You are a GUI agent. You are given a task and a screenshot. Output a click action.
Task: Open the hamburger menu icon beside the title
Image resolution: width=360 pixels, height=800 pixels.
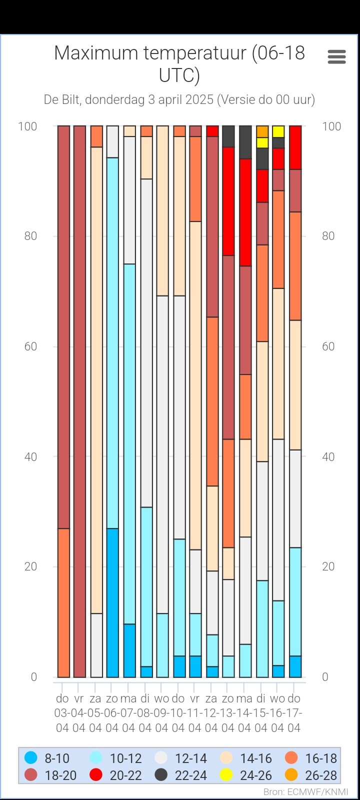click(x=336, y=57)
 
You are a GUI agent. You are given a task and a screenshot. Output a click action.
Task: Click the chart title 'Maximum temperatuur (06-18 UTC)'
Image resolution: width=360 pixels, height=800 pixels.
click(x=179, y=63)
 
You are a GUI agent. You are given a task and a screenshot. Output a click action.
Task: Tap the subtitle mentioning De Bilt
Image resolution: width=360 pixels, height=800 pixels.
click(x=179, y=99)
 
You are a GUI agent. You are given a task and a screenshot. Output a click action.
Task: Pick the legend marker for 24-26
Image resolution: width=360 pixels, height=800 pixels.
click(x=226, y=775)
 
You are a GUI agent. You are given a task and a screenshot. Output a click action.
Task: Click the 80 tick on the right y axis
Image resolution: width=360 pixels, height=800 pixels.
click(x=328, y=236)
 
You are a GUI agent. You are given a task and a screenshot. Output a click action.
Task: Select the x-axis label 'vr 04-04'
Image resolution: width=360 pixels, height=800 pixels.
click(x=79, y=713)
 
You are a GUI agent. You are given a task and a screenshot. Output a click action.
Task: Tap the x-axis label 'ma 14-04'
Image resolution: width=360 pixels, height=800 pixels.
click(x=244, y=713)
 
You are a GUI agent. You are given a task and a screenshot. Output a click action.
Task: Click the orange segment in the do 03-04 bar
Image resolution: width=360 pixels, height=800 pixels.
click(x=63, y=602)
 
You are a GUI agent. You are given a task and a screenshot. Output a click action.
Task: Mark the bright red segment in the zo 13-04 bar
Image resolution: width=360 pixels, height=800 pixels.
click(x=228, y=201)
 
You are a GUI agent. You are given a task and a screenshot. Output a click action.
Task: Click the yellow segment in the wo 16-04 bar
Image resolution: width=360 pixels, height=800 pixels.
click(x=278, y=131)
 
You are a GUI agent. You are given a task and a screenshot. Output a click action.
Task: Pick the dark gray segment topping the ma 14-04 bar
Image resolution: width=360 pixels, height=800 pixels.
click(x=245, y=142)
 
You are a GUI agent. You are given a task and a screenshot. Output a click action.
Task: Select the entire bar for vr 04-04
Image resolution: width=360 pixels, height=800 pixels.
click(x=79, y=400)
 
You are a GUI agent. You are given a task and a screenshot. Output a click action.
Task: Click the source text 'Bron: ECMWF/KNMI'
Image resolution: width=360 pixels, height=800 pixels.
click(x=305, y=792)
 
